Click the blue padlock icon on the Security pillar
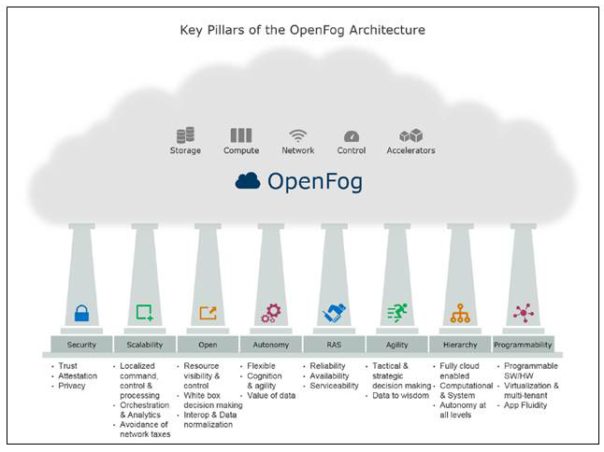[81, 314]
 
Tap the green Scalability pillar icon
[144, 313]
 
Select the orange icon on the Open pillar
[208, 313]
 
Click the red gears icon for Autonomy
[271, 313]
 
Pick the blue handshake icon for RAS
[335, 313]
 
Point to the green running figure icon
[397, 313]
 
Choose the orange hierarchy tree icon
[460, 314]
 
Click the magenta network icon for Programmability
[524, 313]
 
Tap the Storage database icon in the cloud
[185, 136]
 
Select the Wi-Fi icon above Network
[297, 136]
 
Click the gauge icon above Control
[352, 137]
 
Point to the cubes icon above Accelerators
[410, 136]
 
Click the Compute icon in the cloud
[241, 136]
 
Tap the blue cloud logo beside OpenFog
[248, 180]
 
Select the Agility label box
[397, 344]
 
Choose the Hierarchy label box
[460, 344]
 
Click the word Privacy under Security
[72, 385]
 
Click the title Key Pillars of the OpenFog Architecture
[302, 30]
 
